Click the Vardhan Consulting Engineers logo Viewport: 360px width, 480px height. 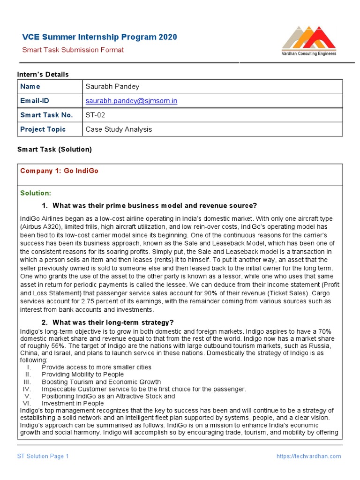[308, 41]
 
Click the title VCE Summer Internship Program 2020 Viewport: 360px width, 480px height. [100, 37]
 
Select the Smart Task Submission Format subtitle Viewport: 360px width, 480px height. [73, 50]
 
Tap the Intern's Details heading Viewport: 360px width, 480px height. [43, 75]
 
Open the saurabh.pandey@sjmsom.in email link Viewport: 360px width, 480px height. [131, 101]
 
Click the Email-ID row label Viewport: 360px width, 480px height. [34, 101]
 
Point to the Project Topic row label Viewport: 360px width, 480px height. [43, 129]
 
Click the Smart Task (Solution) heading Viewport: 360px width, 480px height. [54, 150]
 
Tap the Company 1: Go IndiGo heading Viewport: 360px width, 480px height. [59, 171]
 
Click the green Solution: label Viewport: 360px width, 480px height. [36, 193]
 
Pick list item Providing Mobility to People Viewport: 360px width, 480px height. [82, 375]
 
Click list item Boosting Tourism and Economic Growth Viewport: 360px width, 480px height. [101, 382]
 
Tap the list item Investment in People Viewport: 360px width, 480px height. [73, 403]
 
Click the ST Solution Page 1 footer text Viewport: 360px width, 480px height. [43, 456]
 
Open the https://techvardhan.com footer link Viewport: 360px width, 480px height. [308, 456]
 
